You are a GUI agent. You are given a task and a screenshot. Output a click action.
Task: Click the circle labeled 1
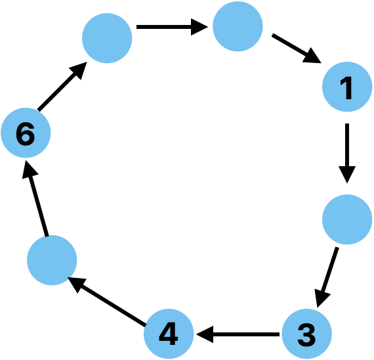[348, 87]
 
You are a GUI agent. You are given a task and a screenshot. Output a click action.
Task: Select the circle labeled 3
[306, 334]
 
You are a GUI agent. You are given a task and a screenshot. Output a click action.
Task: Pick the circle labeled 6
[25, 133]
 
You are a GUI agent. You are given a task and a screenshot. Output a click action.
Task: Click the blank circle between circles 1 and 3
[347, 219]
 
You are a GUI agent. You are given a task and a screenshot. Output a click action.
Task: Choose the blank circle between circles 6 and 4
[52, 260]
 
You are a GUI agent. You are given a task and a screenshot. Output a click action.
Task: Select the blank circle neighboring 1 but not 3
[238, 26]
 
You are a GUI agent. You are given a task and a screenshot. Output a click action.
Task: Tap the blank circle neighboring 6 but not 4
[107, 38]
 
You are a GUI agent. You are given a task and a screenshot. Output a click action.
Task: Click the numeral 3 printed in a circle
[306, 334]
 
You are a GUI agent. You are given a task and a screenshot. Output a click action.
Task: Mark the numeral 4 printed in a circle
[169, 334]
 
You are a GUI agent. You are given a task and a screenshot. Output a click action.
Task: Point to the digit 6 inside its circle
[25, 134]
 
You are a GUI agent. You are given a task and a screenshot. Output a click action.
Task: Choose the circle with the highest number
[25, 133]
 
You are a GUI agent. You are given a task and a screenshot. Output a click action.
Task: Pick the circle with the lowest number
[348, 87]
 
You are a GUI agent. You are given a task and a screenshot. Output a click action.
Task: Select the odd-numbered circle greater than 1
[306, 334]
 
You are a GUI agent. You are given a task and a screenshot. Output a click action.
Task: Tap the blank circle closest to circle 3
[347, 219]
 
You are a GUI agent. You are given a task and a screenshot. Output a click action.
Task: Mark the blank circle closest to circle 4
[52, 260]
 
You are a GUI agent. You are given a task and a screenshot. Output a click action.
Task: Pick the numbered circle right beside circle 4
[306, 334]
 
